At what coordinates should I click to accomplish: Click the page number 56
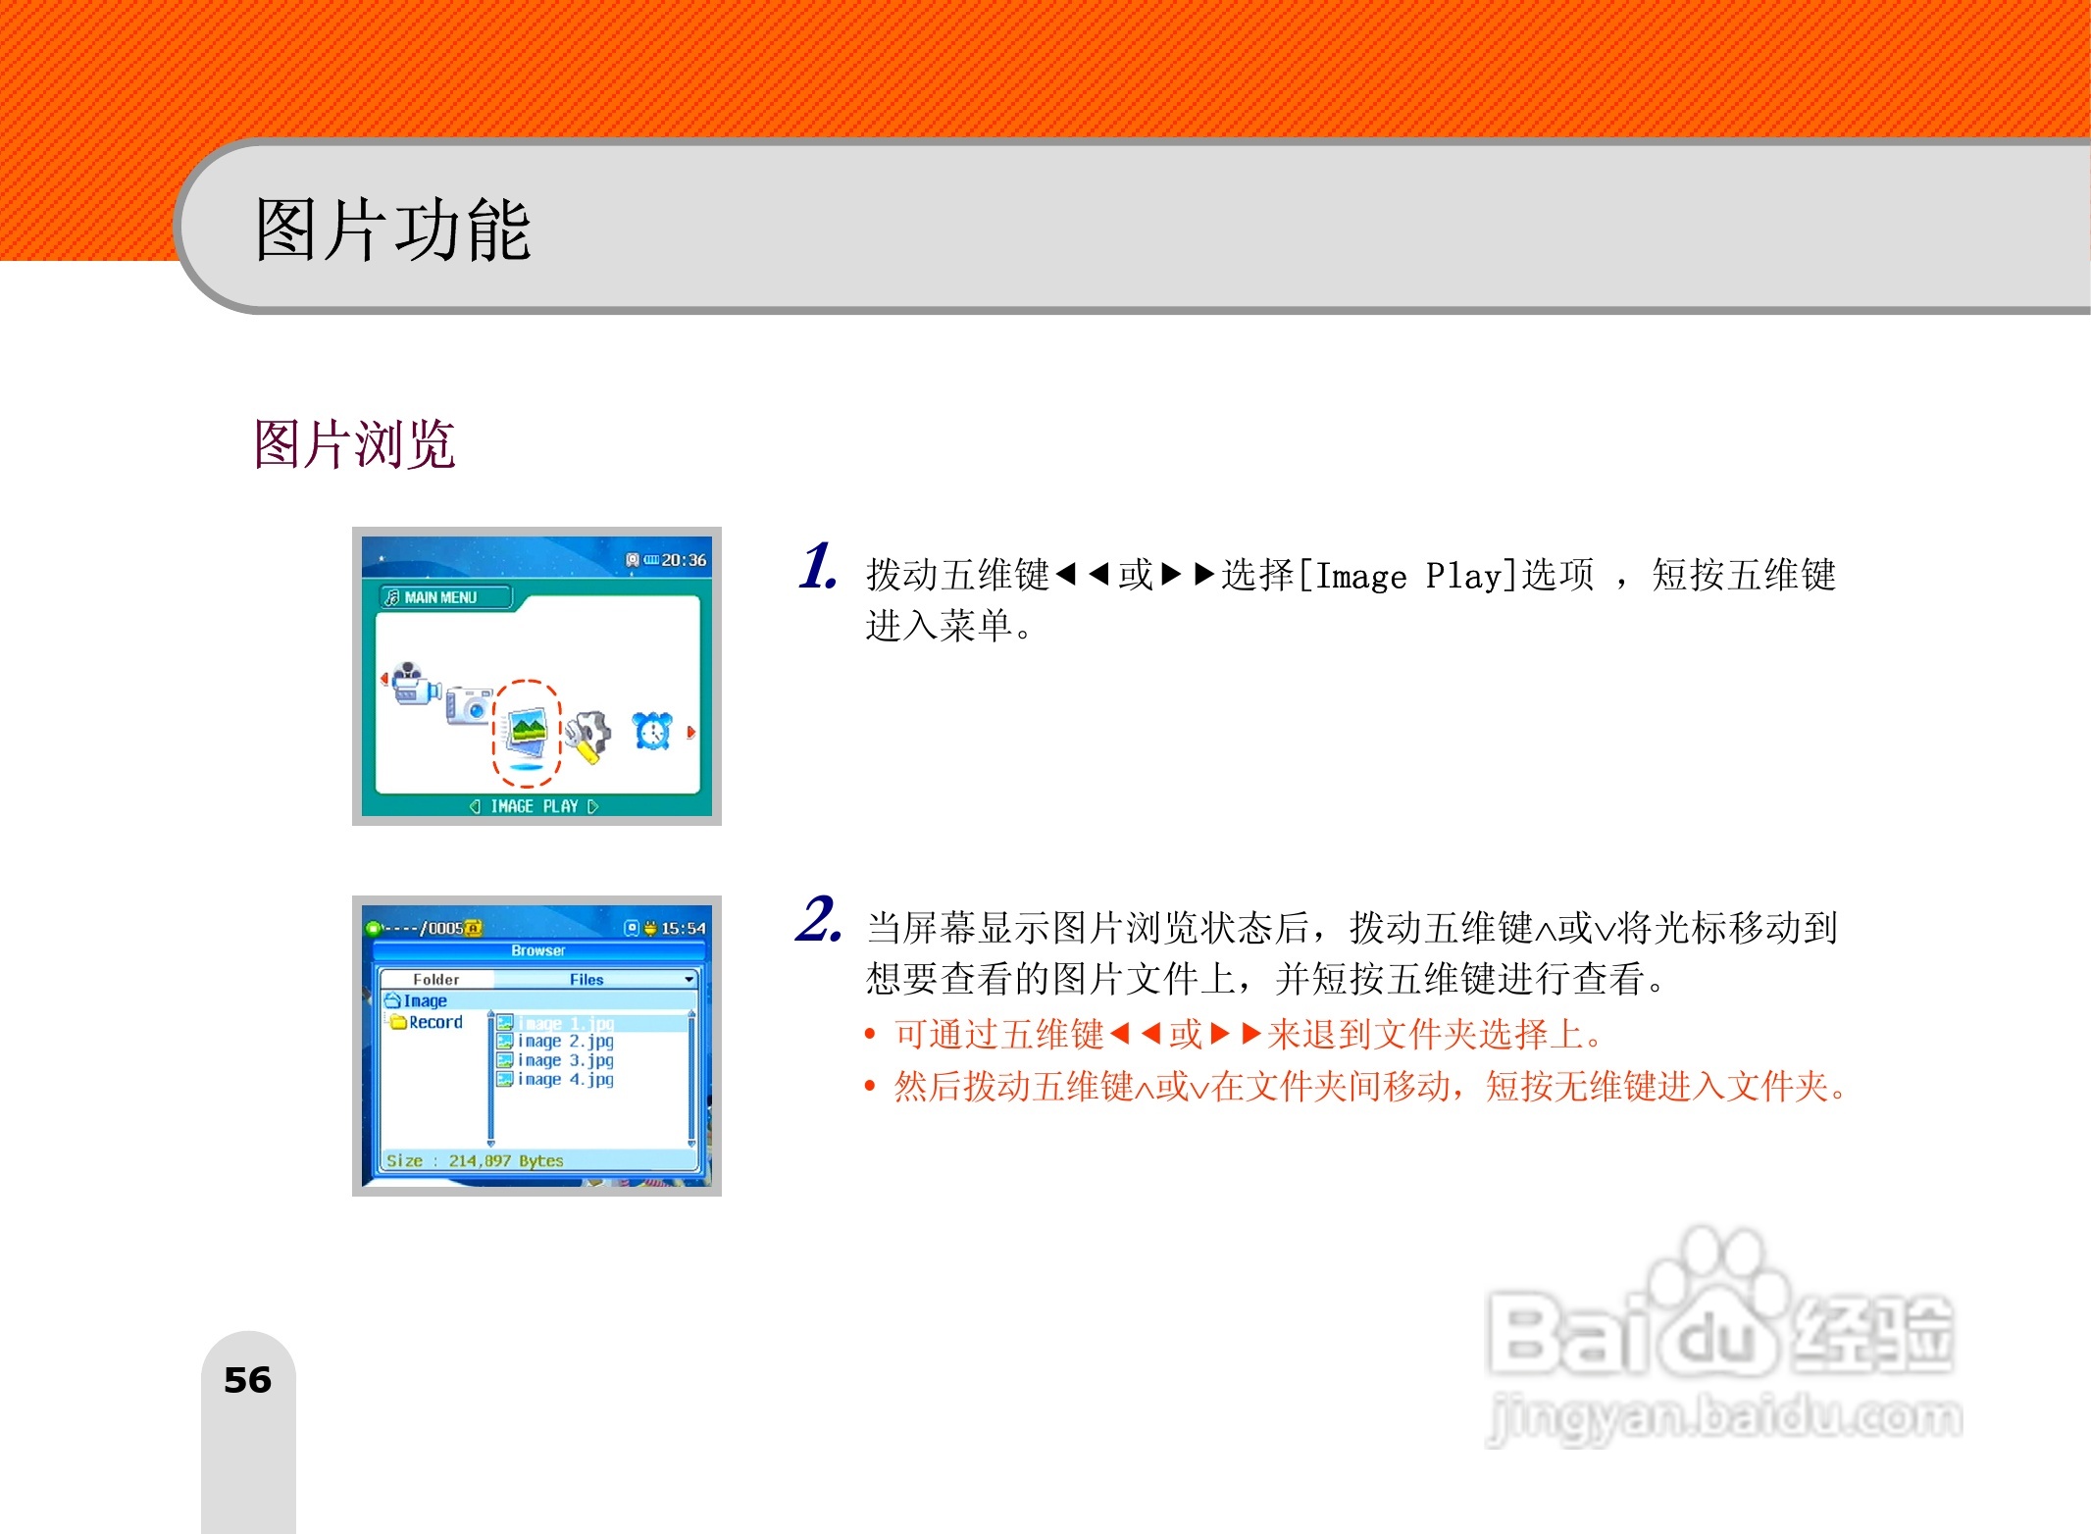247,1380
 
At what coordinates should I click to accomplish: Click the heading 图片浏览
354,444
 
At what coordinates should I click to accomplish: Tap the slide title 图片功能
392,230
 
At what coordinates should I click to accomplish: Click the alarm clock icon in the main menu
652,731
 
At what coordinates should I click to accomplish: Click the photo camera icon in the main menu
468,704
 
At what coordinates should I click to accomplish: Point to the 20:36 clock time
684,560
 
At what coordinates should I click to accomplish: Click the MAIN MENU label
440,597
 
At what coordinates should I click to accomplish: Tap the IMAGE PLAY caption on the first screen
534,806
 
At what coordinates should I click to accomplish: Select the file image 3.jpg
565,1060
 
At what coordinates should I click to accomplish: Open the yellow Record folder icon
398,1022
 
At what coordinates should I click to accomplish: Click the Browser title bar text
537,950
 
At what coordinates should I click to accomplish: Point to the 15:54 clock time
683,928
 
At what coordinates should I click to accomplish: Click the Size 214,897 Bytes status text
475,1160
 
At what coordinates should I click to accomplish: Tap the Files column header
586,979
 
